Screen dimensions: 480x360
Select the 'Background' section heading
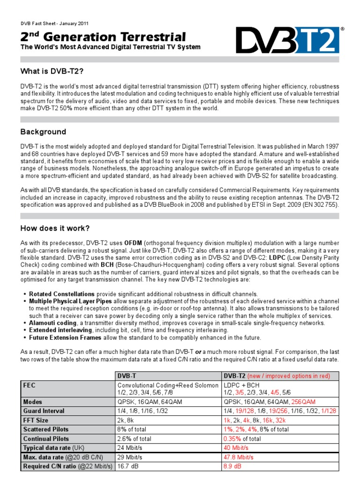pyautogui.click(x=43, y=132)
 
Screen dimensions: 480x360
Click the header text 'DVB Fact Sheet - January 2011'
pyautogui.click(x=54, y=23)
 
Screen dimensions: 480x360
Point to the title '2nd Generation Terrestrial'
pyautogui.click(x=103, y=37)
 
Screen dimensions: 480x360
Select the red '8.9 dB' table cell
pyautogui.click(x=233, y=466)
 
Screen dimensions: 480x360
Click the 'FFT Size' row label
pyautogui.click(x=36, y=420)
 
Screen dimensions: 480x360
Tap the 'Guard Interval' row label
pyautogui.click(x=44, y=411)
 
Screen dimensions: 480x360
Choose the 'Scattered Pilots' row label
pyautogui.click(x=45, y=429)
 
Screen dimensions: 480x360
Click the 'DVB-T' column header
pyautogui.click(x=127, y=375)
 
